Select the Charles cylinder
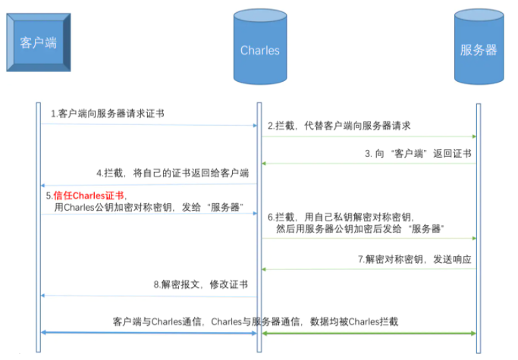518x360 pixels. coord(259,50)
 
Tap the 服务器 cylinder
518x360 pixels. coord(478,50)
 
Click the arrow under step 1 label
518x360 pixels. coord(148,125)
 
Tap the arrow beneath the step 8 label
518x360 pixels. coord(148,296)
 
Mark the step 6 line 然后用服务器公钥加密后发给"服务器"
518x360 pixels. coord(356,227)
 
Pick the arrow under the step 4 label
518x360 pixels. coord(148,184)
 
